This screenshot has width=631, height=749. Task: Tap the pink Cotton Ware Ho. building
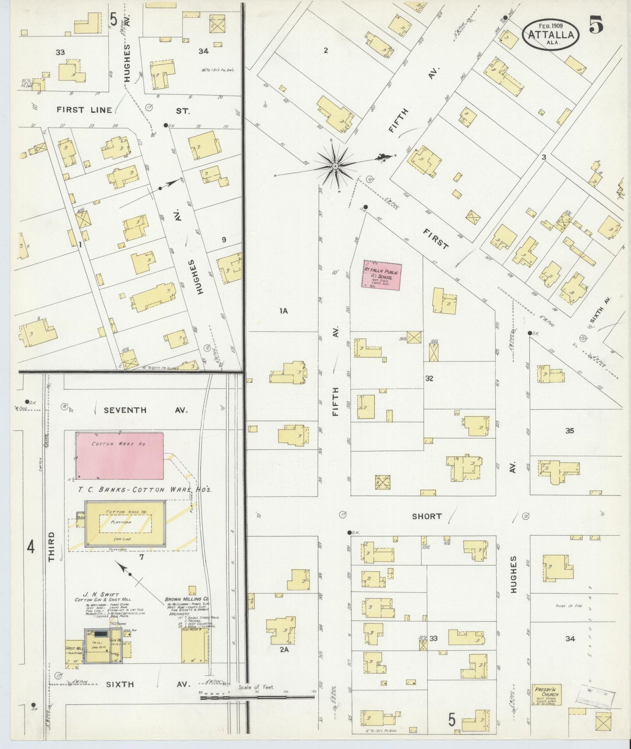point(120,456)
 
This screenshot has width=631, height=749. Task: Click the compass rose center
point(335,166)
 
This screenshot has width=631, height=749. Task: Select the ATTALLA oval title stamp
point(551,34)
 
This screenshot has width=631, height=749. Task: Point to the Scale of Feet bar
point(257,697)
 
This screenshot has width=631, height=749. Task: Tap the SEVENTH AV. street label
point(145,410)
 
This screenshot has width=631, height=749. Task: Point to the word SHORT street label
point(427,516)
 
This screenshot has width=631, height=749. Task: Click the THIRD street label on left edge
point(52,546)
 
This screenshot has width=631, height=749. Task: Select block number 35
point(569,430)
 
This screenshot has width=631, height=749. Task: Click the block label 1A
point(284,311)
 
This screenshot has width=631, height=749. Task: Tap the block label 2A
point(284,650)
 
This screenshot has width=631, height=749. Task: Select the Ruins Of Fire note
point(570,606)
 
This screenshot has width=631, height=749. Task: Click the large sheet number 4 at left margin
point(31,547)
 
